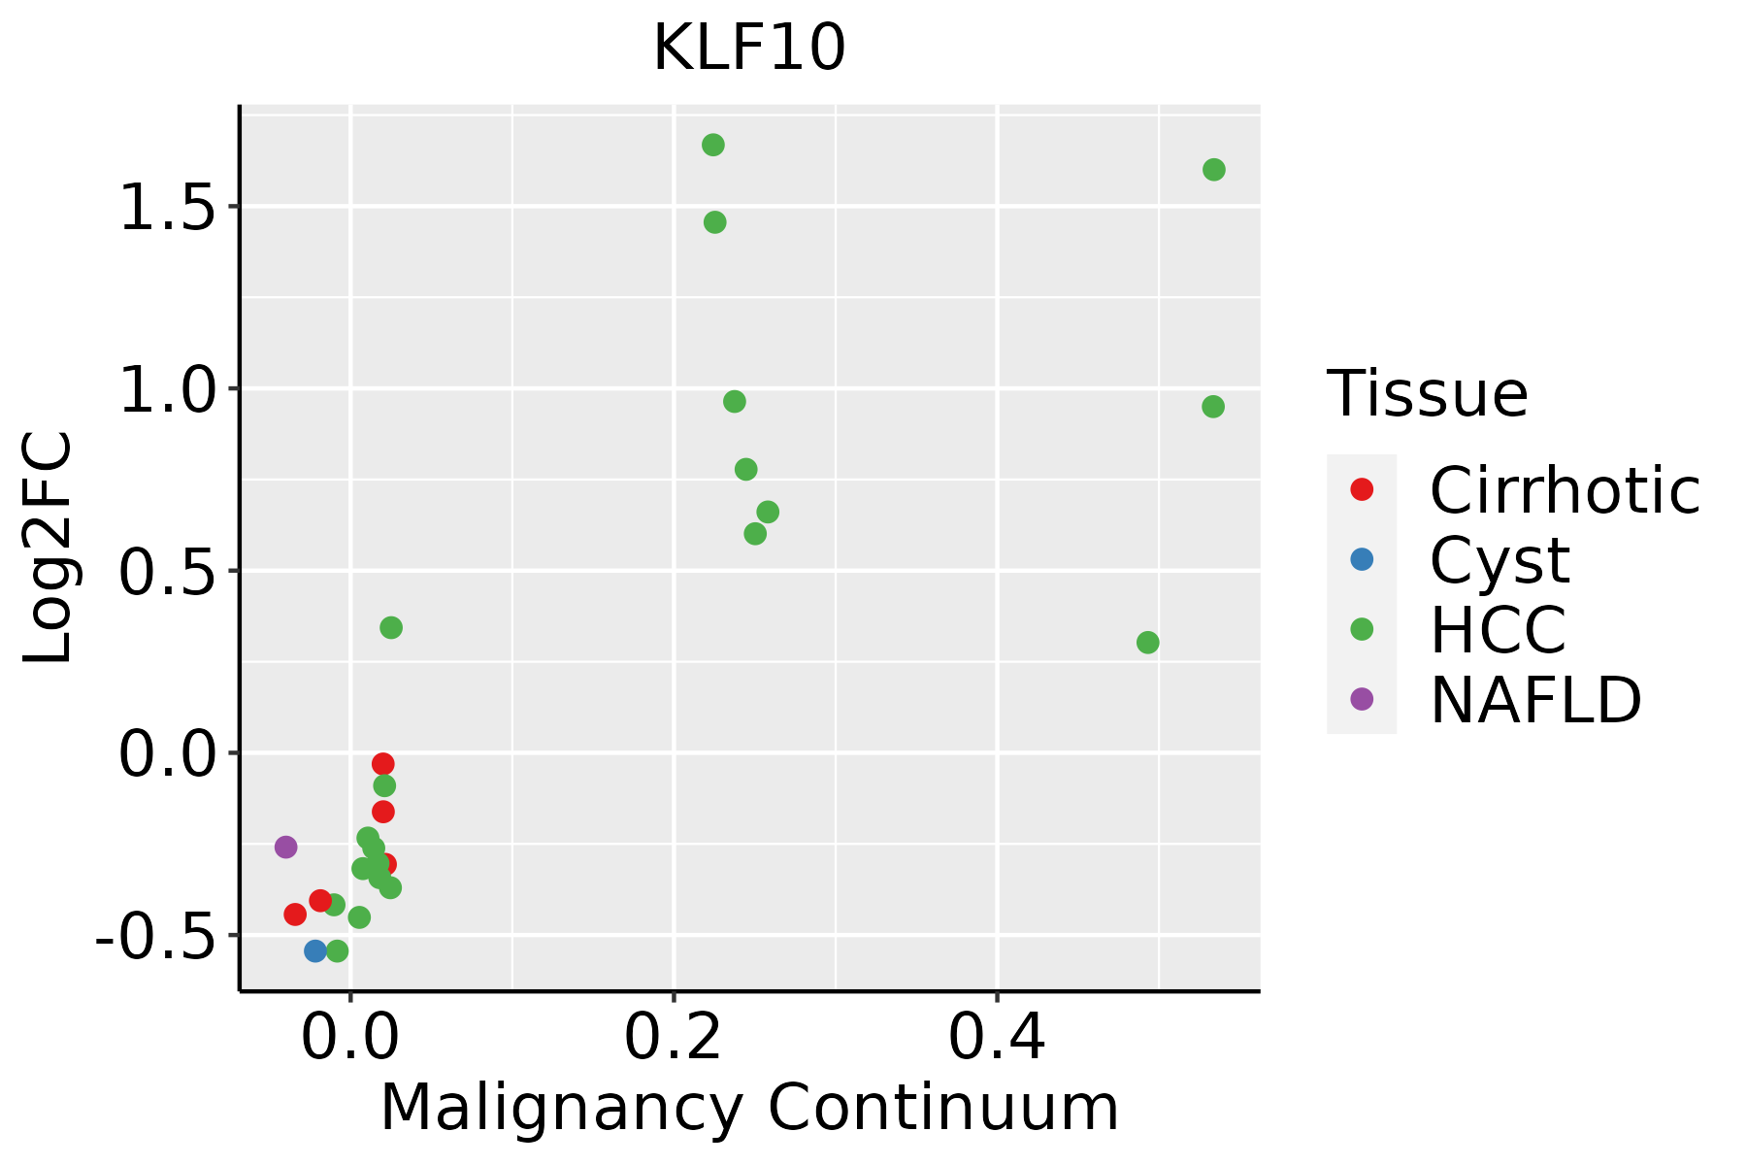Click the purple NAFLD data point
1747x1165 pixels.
click(x=285, y=847)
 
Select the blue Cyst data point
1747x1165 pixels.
click(x=315, y=950)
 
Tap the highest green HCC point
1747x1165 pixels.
click(x=713, y=146)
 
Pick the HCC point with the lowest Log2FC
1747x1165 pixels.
click(x=337, y=950)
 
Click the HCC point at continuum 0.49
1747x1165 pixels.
click(x=1147, y=643)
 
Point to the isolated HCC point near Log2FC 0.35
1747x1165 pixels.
click(x=391, y=628)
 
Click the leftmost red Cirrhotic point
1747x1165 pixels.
click(x=295, y=914)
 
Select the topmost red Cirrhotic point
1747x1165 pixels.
click(x=383, y=764)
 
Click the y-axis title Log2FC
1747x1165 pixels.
click(x=49, y=549)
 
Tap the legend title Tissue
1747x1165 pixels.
click(x=1428, y=394)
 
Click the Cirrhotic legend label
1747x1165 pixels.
click(x=1565, y=490)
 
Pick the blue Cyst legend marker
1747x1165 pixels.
click(x=1362, y=559)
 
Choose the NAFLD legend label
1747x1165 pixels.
click(x=1535, y=700)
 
